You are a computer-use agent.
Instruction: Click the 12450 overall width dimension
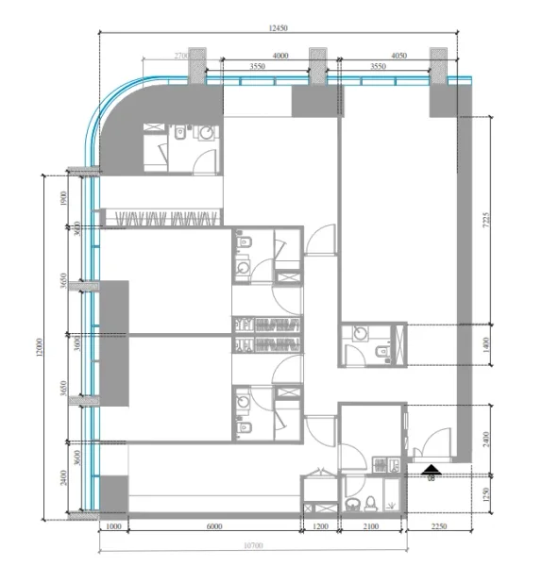click(x=277, y=28)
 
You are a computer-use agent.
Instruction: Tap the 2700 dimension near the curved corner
click(x=182, y=57)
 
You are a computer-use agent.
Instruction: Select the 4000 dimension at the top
click(x=279, y=56)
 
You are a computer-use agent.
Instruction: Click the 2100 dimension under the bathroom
click(x=371, y=526)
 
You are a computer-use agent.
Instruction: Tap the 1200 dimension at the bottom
click(x=320, y=526)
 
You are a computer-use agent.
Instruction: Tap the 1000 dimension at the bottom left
click(x=113, y=526)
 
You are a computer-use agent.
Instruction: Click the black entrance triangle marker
click(x=432, y=468)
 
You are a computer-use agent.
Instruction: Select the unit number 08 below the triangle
click(x=432, y=479)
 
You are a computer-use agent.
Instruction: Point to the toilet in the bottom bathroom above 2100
click(x=371, y=500)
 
